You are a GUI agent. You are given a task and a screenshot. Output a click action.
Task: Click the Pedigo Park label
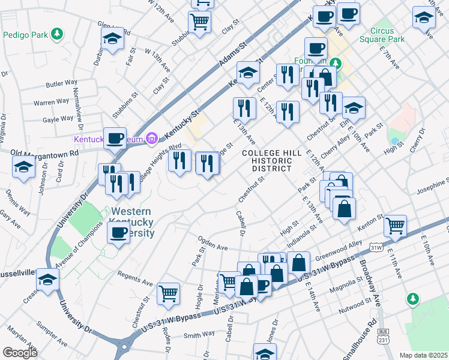coord(24,34)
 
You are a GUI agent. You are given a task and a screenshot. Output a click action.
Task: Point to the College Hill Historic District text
coord(267,161)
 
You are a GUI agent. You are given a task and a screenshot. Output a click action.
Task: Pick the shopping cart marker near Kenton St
coord(395,226)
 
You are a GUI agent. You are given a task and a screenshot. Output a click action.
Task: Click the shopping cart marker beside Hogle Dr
coord(169,294)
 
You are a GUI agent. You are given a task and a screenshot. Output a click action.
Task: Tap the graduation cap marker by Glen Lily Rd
coord(112,40)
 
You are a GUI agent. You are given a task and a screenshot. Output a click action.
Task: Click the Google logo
coord(20,353)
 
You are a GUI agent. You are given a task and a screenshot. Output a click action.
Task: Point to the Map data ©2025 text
coord(424,355)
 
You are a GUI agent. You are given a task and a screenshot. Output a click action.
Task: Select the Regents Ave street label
coord(137,281)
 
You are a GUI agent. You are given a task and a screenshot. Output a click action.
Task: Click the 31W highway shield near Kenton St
coord(376,247)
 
